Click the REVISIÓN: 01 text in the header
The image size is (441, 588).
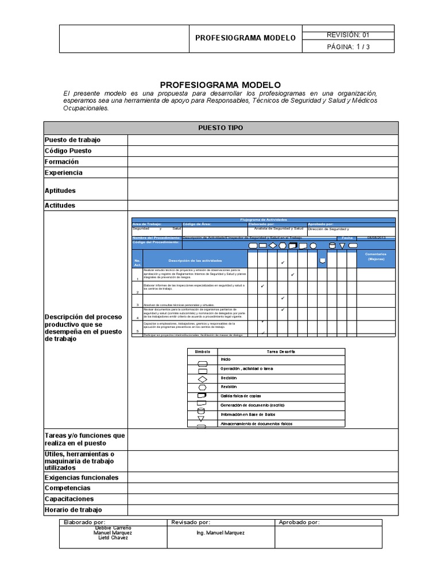348,34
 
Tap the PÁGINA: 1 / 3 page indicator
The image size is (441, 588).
348,47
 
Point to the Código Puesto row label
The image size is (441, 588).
68,151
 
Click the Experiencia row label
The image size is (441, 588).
63,173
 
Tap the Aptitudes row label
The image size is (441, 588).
60,191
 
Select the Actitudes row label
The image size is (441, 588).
60,205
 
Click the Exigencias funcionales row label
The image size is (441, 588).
82,477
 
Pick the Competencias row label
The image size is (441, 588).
68,488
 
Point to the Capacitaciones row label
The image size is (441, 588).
69,499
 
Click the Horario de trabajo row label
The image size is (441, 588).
73,510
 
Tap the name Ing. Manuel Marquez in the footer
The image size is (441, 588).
220,533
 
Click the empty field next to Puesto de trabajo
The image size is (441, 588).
262,140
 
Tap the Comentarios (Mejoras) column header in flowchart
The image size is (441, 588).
377,256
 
